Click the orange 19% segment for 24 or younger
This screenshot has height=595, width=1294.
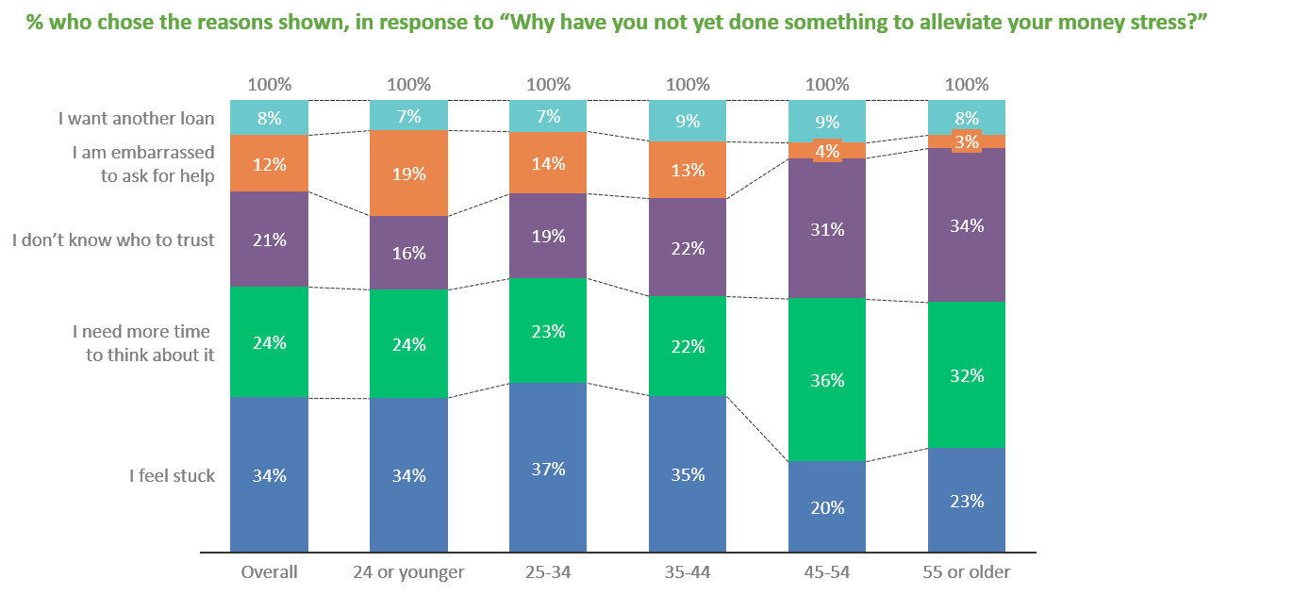(x=408, y=174)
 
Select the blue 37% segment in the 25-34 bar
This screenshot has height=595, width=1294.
(x=548, y=468)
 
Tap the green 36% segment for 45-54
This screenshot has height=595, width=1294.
(x=826, y=379)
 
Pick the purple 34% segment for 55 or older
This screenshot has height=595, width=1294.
(x=967, y=224)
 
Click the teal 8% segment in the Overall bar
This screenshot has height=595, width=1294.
(x=269, y=118)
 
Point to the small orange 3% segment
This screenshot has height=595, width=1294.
(x=967, y=141)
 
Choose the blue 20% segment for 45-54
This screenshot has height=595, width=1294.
(x=826, y=506)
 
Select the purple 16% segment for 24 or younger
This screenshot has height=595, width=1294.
(x=408, y=253)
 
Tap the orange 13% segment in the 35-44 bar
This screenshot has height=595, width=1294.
(x=688, y=170)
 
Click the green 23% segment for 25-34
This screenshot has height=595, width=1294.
(x=548, y=330)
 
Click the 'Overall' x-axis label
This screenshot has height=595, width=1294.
(x=269, y=571)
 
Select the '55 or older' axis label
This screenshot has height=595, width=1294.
(x=967, y=571)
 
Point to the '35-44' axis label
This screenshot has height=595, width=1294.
(x=688, y=571)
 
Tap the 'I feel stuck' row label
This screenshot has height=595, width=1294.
(x=172, y=475)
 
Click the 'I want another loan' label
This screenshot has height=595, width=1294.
(x=137, y=119)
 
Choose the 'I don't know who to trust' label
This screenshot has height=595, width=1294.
(x=113, y=240)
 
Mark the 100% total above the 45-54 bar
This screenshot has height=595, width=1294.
(x=826, y=84)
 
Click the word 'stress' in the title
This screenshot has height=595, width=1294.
(x=1155, y=22)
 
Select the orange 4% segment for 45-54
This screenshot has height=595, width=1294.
(x=826, y=151)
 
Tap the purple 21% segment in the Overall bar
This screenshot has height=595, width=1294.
(x=269, y=240)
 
